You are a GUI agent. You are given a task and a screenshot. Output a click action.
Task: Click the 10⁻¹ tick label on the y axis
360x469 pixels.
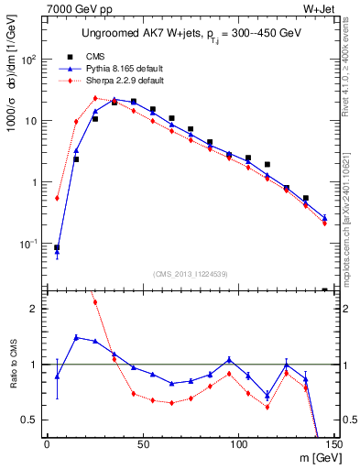[x=29, y=244]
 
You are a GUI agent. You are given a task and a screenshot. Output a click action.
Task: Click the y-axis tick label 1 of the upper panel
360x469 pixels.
[x=36, y=182]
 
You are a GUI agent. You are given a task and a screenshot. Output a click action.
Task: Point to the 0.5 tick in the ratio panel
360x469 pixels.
[x=31, y=420]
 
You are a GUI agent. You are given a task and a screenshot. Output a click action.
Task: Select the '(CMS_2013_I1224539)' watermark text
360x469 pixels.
[x=191, y=273]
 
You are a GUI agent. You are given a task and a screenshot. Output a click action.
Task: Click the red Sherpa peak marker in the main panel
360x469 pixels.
[x=95, y=98]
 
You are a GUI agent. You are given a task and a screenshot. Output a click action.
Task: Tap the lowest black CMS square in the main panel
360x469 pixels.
[x=57, y=247]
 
